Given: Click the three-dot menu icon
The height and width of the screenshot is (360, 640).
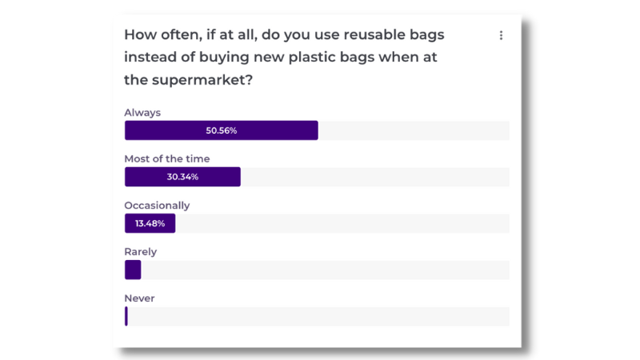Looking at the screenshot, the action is tap(501, 35).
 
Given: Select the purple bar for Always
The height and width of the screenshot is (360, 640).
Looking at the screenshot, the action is tap(222, 130).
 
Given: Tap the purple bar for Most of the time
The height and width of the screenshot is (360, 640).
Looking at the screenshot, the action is tap(182, 177).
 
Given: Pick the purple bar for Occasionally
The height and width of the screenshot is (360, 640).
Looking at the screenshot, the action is tap(150, 223).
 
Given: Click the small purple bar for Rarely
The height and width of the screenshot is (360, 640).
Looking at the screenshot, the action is tap(133, 270).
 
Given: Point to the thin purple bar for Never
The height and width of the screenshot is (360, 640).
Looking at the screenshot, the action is tap(126, 316).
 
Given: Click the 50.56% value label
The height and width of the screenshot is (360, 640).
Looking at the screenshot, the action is tap(222, 130).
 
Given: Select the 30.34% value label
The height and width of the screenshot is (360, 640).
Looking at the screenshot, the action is tap(182, 177).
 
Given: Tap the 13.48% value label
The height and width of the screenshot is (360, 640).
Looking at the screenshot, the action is tap(150, 223).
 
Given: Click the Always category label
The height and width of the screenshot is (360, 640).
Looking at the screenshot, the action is tap(142, 113).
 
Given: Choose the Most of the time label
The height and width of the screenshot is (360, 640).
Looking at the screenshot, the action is tap(167, 158).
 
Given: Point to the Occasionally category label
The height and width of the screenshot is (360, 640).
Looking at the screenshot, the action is tap(157, 206).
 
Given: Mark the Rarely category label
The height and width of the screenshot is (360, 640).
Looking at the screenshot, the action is tap(141, 252).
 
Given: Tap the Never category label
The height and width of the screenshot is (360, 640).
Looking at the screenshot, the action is tap(139, 298).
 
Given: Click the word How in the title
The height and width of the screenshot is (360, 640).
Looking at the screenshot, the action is tap(141, 34).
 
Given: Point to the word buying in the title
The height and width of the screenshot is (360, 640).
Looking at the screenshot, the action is tap(224, 58).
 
